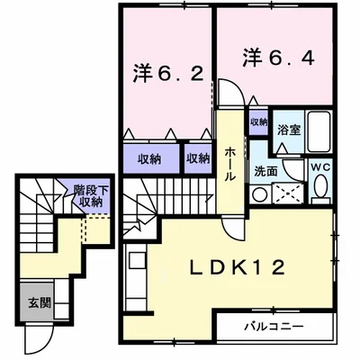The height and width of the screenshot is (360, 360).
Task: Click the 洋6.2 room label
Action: (168, 75)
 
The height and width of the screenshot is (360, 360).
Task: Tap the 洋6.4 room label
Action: (278, 58)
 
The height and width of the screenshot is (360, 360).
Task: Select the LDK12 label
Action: (238, 267)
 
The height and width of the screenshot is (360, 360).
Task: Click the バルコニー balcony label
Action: (274, 327)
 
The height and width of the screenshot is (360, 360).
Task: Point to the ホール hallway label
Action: (230, 164)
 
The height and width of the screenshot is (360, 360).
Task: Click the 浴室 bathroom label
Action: (289, 130)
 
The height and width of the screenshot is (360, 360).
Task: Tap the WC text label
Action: (320, 167)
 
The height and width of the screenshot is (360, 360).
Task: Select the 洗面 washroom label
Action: (265, 171)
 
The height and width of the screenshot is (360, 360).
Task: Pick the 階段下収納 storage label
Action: (91, 195)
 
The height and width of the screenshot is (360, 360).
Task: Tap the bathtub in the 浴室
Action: (319, 131)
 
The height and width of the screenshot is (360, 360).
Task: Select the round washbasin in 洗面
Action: (259, 194)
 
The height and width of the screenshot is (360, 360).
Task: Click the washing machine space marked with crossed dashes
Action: (289, 193)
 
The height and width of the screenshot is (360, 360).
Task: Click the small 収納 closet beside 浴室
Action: (259, 122)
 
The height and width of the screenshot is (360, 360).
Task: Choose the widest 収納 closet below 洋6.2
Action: (152, 158)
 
